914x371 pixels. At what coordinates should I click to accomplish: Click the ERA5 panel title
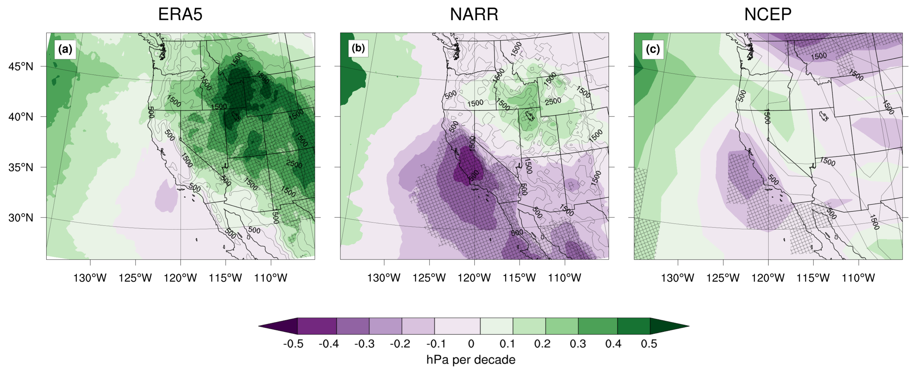tap(180, 14)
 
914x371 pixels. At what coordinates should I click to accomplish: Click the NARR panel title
tap(474, 14)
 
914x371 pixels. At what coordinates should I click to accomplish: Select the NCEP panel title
tap(768, 14)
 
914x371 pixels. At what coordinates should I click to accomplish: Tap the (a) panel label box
tap(65, 49)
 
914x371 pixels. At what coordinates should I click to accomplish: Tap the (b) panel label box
tap(358, 48)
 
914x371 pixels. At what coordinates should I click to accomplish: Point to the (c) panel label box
tap(652, 49)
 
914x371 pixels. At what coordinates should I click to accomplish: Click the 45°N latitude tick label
tap(21, 66)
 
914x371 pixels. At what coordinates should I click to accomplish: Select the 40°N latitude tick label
tap(21, 117)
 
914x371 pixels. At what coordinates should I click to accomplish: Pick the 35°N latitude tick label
tap(21, 167)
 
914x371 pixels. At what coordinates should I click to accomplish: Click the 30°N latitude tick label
tap(21, 218)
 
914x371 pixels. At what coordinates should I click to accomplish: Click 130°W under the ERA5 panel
tap(90, 278)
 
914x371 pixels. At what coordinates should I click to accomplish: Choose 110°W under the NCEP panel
tap(858, 278)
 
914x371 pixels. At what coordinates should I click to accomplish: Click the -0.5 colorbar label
tap(293, 344)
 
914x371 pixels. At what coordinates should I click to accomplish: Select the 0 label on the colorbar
tap(471, 344)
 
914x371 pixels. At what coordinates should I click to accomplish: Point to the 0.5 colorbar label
tap(649, 344)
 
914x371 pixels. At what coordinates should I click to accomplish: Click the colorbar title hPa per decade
tap(471, 360)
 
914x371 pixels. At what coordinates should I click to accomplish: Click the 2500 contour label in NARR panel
tap(553, 101)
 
